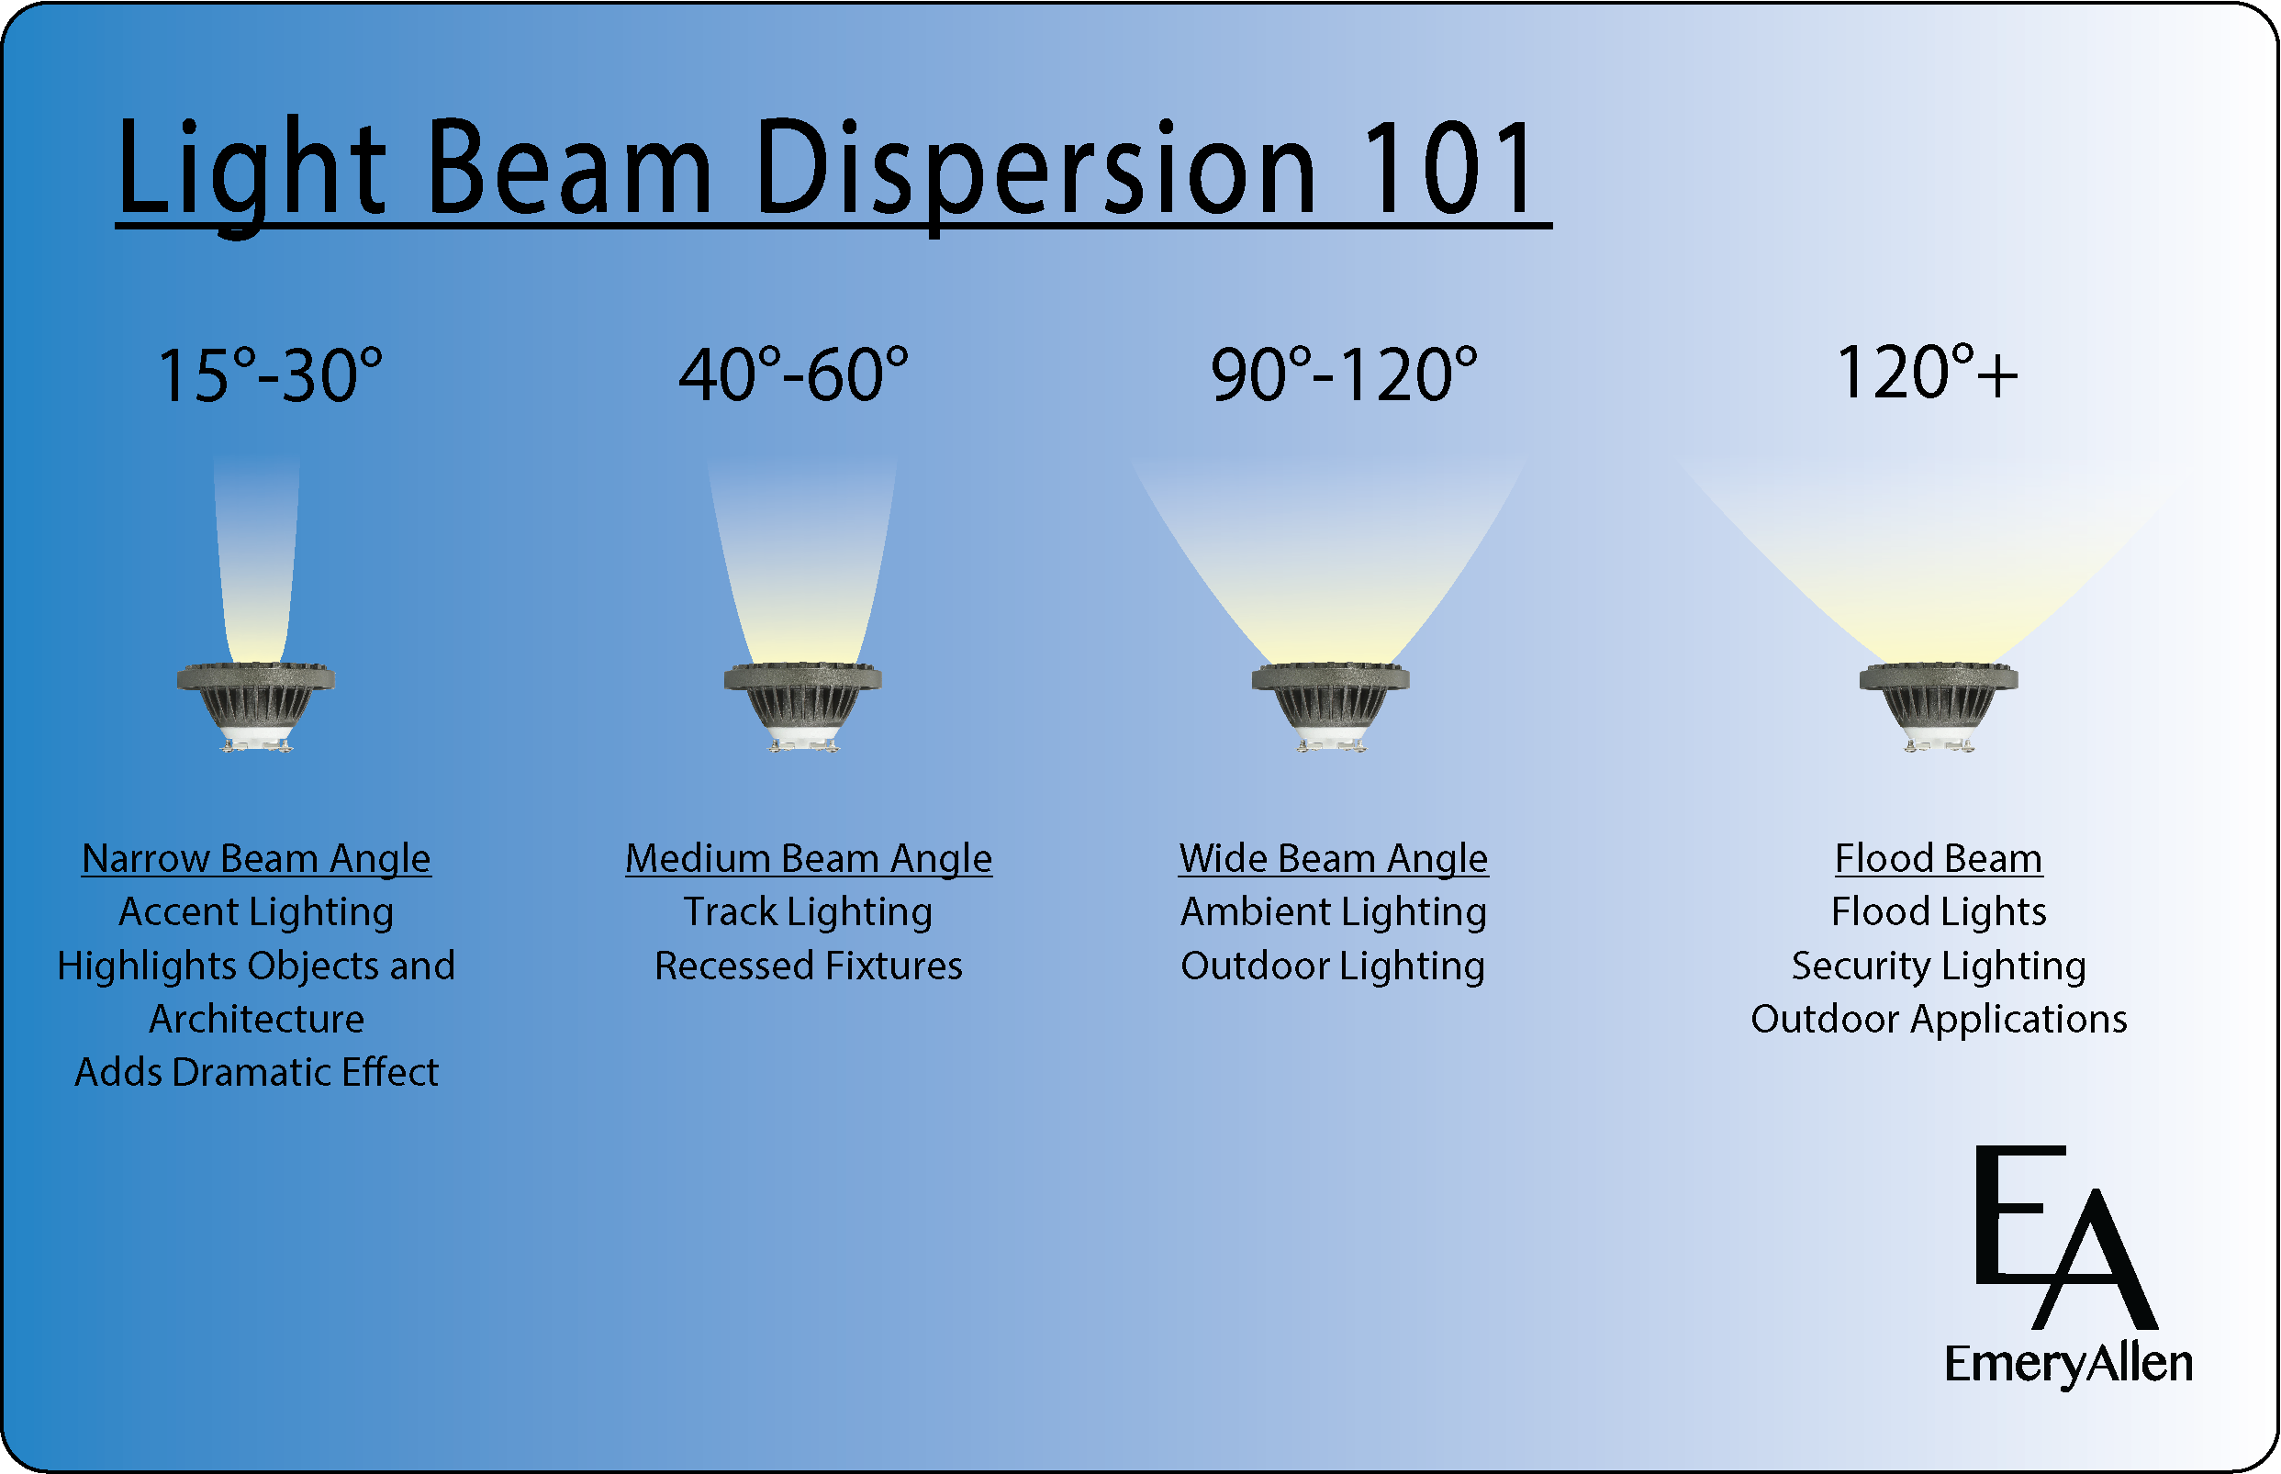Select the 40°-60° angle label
coord(793,374)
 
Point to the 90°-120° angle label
coord(1344,374)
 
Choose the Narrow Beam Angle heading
coord(256,859)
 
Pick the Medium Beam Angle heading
coord(809,859)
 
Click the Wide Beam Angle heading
coord(1334,859)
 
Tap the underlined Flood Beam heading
coord(1939,858)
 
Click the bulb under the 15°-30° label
coord(255,707)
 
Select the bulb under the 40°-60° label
coord(802,707)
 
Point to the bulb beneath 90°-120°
coord(1330,707)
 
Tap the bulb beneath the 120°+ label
coord(1939,707)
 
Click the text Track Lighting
coord(808,912)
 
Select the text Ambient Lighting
coord(1334,912)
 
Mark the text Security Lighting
coord(1939,966)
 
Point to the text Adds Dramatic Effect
coord(256,1072)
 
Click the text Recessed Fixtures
coord(808,966)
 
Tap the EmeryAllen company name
coord(2068,1365)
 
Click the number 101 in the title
coord(1448,169)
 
